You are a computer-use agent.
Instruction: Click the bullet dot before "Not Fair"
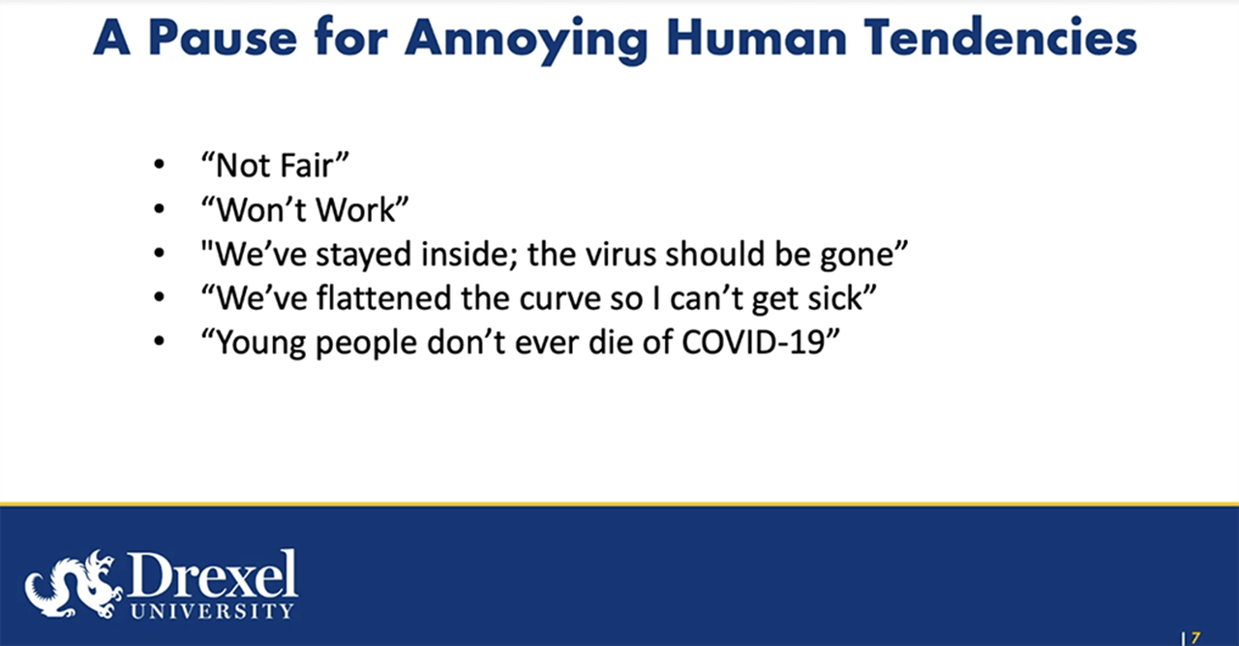tap(159, 166)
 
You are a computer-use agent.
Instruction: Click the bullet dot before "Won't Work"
tap(159, 210)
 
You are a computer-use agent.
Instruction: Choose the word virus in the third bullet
tap(672, 255)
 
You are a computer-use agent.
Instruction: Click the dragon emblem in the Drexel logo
tap(73, 584)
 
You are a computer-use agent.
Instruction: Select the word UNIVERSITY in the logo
tap(211, 611)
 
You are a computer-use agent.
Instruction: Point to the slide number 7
tap(1195, 637)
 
